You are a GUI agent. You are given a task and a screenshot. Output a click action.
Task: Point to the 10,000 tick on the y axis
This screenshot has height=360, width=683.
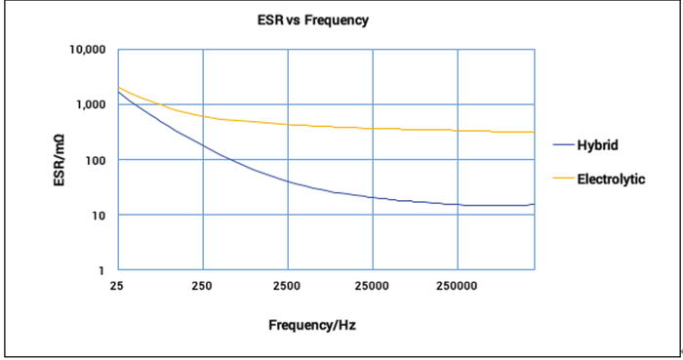(x=86, y=50)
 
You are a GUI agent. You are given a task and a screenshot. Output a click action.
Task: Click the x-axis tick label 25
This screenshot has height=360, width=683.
(x=118, y=287)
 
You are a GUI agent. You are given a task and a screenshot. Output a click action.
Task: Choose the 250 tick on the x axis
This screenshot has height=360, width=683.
(x=203, y=287)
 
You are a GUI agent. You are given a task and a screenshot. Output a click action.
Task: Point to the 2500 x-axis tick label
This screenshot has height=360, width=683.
(x=288, y=287)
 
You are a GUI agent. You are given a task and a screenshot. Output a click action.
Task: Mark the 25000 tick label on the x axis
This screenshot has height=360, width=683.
(x=373, y=287)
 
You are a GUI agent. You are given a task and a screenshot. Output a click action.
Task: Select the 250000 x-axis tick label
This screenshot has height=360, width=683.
(x=458, y=287)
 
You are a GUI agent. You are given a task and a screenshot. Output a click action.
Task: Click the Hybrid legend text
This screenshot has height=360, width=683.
(x=598, y=144)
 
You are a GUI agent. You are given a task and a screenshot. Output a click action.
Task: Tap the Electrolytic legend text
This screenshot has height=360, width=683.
(x=611, y=179)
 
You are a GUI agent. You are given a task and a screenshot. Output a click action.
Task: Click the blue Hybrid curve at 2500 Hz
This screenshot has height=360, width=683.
(x=288, y=181)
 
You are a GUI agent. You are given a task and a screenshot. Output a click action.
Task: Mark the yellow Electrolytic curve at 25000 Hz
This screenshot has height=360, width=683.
(x=373, y=129)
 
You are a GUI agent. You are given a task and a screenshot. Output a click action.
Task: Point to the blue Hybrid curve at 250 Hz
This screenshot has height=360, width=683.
(x=203, y=145)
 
